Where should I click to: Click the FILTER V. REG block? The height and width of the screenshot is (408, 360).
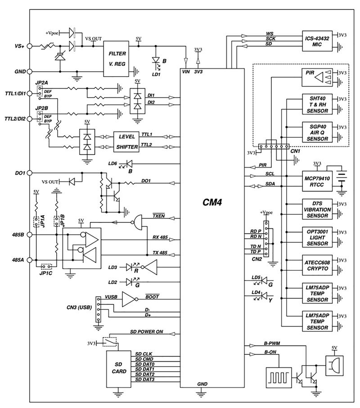tap(116, 59)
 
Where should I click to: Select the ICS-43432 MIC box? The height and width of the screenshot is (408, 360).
tap(317, 41)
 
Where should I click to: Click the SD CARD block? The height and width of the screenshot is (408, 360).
tap(118, 369)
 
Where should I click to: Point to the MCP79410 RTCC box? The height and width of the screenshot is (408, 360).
tap(317, 181)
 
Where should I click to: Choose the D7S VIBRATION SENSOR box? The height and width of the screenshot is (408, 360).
tap(317, 209)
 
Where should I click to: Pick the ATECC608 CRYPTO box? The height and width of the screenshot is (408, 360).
tap(317, 265)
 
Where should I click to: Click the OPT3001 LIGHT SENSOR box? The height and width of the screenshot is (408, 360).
tap(317, 237)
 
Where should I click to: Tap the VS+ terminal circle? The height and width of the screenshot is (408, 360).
tap(30, 46)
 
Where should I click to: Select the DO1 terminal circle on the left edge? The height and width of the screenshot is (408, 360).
tap(30, 173)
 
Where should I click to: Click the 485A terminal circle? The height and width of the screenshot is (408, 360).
tap(30, 260)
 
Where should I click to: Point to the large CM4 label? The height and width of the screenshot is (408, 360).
tap(212, 202)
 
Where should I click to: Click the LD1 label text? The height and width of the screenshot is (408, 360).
tap(156, 74)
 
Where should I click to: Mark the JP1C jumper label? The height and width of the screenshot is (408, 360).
tap(46, 273)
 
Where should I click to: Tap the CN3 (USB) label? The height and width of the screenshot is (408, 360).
tap(79, 308)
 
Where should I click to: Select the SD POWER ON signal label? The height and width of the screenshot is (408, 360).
tap(147, 332)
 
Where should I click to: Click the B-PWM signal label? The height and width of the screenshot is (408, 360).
tap(272, 344)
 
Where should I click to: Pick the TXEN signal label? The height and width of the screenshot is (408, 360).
tap(158, 216)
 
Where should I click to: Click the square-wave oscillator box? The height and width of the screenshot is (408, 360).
tap(279, 377)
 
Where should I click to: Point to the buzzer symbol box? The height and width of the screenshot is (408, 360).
tap(334, 365)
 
